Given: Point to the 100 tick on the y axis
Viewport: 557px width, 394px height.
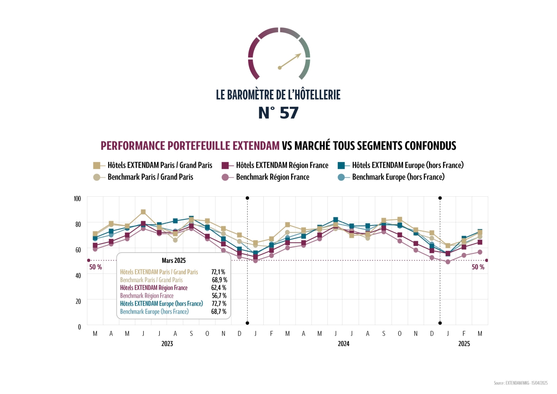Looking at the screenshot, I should coord(77,199).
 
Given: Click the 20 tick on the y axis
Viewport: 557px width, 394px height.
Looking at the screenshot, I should coord(79,301).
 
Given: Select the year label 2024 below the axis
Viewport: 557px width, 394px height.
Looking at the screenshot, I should coord(343,343).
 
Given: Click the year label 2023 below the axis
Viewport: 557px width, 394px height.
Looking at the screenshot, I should coord(167,343).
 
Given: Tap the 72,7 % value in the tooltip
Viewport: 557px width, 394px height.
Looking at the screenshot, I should coord(218,303).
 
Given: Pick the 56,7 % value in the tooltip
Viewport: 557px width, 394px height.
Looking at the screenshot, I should coord(218,296).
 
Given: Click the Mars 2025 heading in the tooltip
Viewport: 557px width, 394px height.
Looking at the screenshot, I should coord(174,260).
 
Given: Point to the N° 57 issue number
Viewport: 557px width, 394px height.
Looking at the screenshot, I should coord(278,113).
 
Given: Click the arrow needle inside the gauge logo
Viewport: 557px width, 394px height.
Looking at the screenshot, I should coord(290,61).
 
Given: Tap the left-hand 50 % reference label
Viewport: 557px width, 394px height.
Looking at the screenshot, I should coord(96,267).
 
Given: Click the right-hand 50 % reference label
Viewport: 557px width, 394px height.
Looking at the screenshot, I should coord(478,267).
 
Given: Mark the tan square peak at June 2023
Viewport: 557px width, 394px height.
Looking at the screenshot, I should coord(143,212).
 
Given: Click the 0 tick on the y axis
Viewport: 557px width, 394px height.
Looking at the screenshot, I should coord(80,327).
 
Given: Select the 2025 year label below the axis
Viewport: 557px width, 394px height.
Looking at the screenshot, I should coord(464,343).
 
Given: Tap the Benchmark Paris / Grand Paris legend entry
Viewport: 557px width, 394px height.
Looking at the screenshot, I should coord(150,177).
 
